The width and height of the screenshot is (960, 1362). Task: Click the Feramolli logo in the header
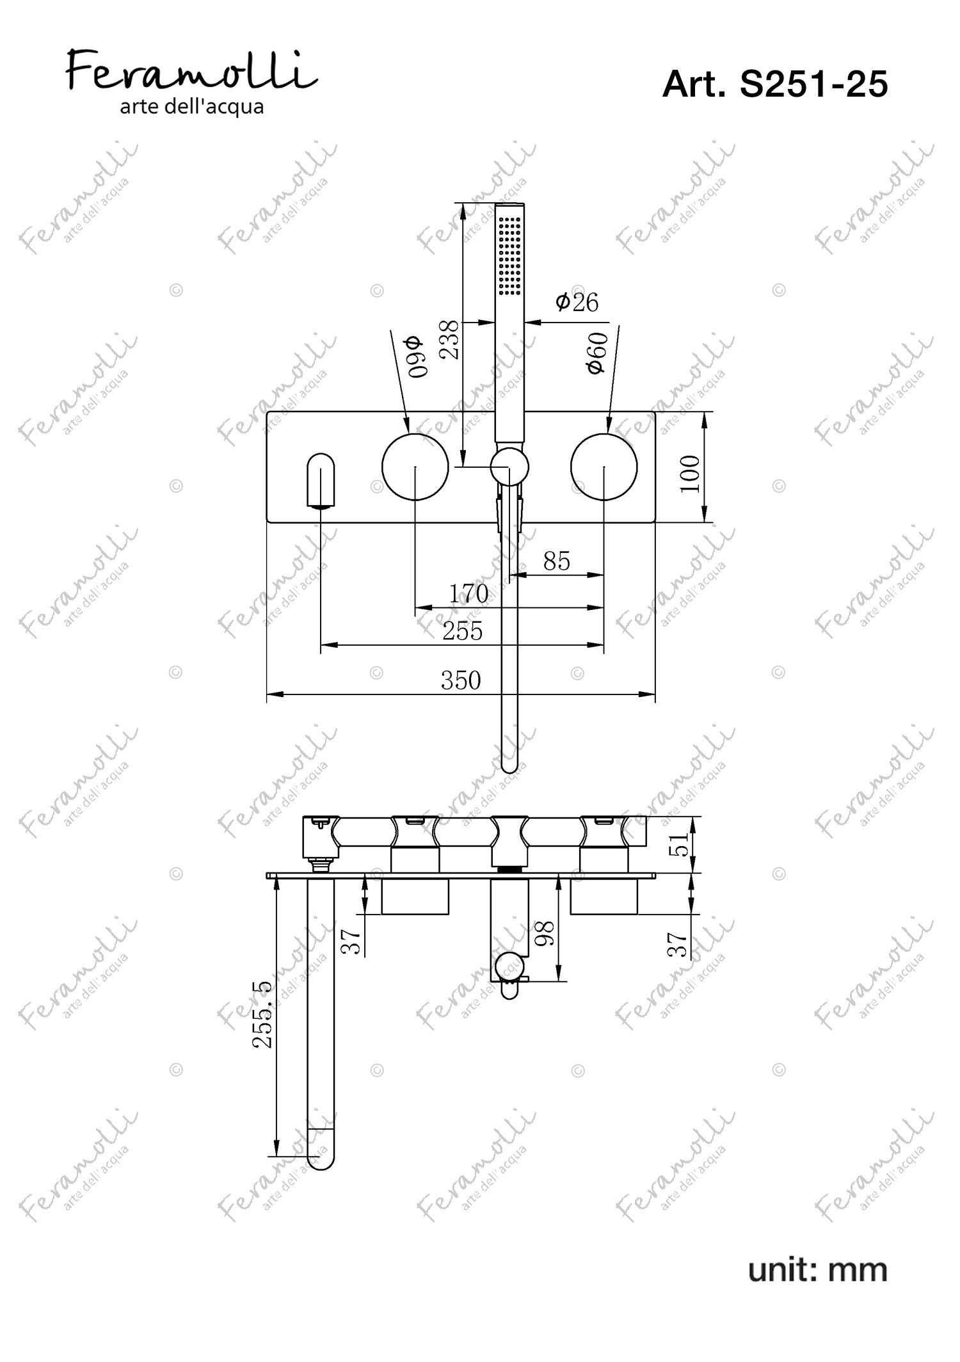point(192,84)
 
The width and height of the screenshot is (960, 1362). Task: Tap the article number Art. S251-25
point(775,84)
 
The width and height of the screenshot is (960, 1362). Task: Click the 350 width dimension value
point(461,680)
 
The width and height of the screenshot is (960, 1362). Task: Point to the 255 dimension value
point(462,631)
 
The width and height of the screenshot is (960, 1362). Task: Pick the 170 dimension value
point(468,593)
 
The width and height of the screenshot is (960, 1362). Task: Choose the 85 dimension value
point(556,561)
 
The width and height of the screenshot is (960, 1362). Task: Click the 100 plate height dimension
point(690,474)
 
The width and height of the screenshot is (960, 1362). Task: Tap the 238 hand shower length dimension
point(449,340)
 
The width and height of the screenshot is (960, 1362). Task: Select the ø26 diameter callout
point(577,301)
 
